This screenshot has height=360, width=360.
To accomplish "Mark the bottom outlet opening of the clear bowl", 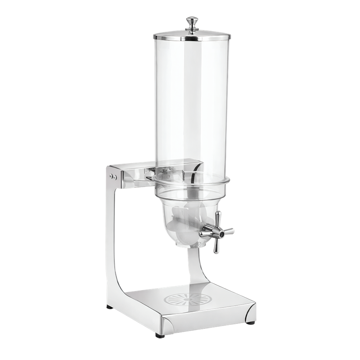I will click(x=191, y=245).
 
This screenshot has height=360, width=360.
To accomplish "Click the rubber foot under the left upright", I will click(x=110, y=307).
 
